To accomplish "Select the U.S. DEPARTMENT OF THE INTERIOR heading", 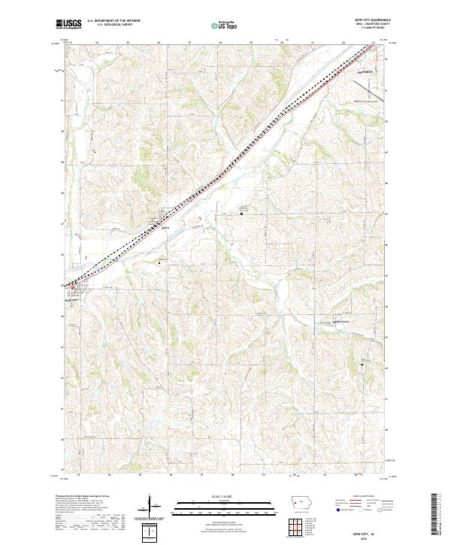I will click(x=114, y=21).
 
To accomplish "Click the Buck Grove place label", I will click(x=342, y=322).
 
